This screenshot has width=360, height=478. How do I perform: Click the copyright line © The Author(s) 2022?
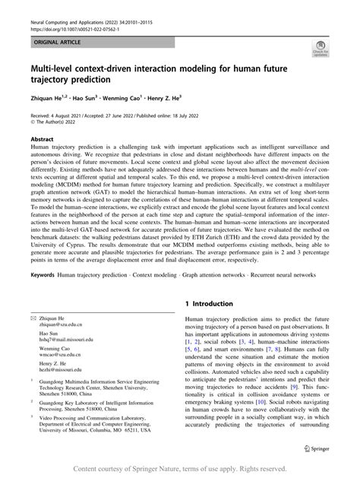[52, 122]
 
